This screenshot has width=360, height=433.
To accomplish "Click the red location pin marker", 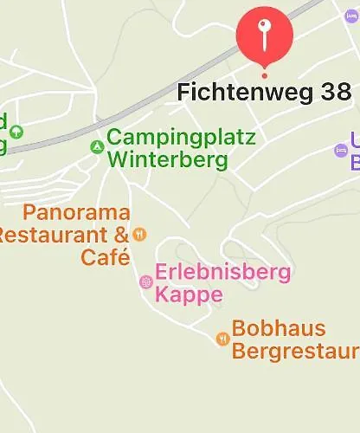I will pos(265,35).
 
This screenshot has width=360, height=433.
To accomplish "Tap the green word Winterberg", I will pos(168,160).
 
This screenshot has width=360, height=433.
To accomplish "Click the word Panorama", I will pos(77,212).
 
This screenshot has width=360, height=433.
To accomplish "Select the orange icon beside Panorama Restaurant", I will pos(140,234).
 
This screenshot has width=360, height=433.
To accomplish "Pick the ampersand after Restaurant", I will pos(119,234).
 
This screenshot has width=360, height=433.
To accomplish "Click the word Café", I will pos(106,257).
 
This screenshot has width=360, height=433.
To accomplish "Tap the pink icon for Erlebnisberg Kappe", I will pos(145,281).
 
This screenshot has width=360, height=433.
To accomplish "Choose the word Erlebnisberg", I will pos(222,273).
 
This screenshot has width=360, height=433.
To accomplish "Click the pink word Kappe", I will pos(189,295).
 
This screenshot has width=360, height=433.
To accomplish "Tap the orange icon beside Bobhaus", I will pos(222,339).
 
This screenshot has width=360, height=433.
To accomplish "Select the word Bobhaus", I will pos(279,329).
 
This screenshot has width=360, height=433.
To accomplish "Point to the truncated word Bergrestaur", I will pos(295,352).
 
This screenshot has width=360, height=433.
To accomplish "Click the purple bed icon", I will pos(341,151).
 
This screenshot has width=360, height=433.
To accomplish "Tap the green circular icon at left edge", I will pos(16,132).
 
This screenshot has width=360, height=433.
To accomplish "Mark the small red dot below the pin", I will pos(265,75).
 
